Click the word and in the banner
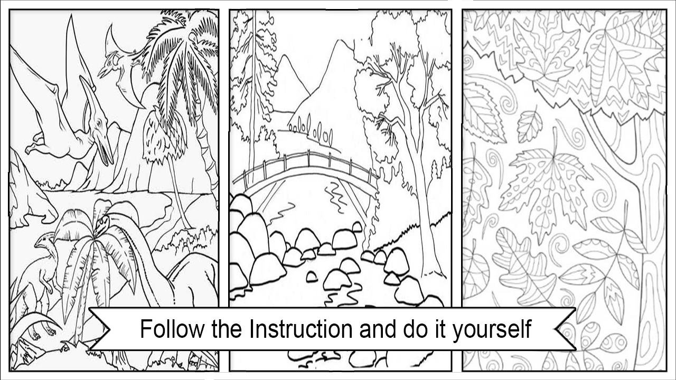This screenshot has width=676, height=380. pyautogui.click(x=378, y=329)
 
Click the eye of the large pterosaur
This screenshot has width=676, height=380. pyautogui.click(x=98, y=123)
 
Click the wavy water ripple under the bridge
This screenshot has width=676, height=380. pyautogui.click(x=334, y=196)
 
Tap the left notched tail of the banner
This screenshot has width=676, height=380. pyautogui.click(x=100, y=329)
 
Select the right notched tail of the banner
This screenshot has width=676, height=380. pyautogui.click(x=566, y=329)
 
